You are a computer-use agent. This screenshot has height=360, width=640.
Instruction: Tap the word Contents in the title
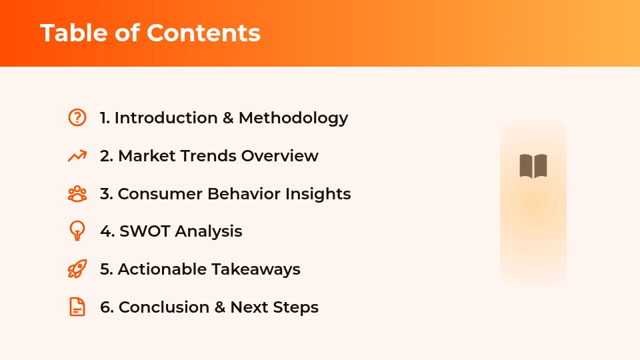[x=203, y=33]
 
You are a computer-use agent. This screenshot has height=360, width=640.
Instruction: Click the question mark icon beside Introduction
[x=77, y=117]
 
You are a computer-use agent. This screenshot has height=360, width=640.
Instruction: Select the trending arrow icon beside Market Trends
[x=77, y=156]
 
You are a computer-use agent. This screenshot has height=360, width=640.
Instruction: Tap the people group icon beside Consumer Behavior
[x=77, y=194]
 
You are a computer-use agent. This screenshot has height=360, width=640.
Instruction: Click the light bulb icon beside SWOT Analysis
[x=77, y=231]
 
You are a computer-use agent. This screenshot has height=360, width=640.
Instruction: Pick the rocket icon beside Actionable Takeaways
[x=77, y=269]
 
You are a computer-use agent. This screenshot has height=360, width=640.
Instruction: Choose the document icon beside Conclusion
[x=77, y=307]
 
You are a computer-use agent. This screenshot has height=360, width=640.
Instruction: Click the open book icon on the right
[x=533, y=166]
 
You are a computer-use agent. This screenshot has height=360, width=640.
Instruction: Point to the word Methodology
[x=293, y=118]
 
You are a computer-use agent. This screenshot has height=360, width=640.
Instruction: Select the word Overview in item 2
[x=280, y=156]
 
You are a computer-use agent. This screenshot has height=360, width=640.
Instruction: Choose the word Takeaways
[x=256, y=269]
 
